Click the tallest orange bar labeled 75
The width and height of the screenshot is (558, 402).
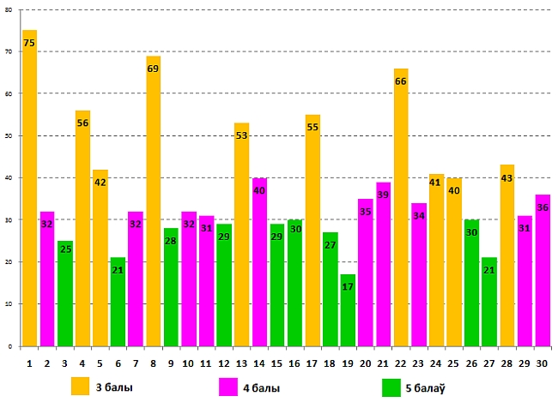[29, 189]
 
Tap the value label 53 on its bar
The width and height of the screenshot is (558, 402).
[241, 135]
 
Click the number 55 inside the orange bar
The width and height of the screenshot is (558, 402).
[312, 127]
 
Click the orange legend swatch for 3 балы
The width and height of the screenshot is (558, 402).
[81, 387]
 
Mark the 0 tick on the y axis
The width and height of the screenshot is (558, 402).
[9, 347]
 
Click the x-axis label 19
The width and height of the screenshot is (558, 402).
[348, 363]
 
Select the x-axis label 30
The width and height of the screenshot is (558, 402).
[543, 363]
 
